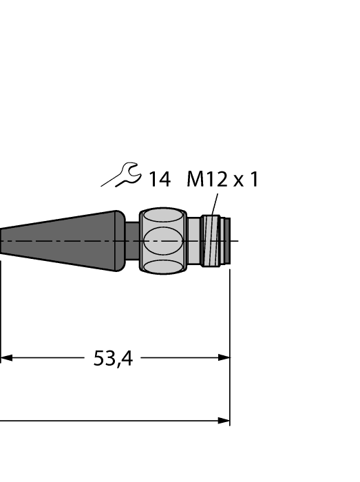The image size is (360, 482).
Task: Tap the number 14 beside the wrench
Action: tap(159, 180)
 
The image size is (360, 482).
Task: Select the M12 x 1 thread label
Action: tap(222, 180)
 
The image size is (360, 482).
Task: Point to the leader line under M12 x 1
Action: tap(214, 205)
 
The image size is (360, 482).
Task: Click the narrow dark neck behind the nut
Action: tap(132, 241)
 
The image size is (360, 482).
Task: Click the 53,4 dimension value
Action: tap(113, 358)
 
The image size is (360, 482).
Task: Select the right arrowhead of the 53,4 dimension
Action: tap(224, 357)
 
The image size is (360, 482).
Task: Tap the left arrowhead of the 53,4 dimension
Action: tap(6, 357)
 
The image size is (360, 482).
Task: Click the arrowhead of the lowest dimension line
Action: tap(224, 420)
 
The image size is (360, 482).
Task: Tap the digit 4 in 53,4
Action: tap(126, 358)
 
